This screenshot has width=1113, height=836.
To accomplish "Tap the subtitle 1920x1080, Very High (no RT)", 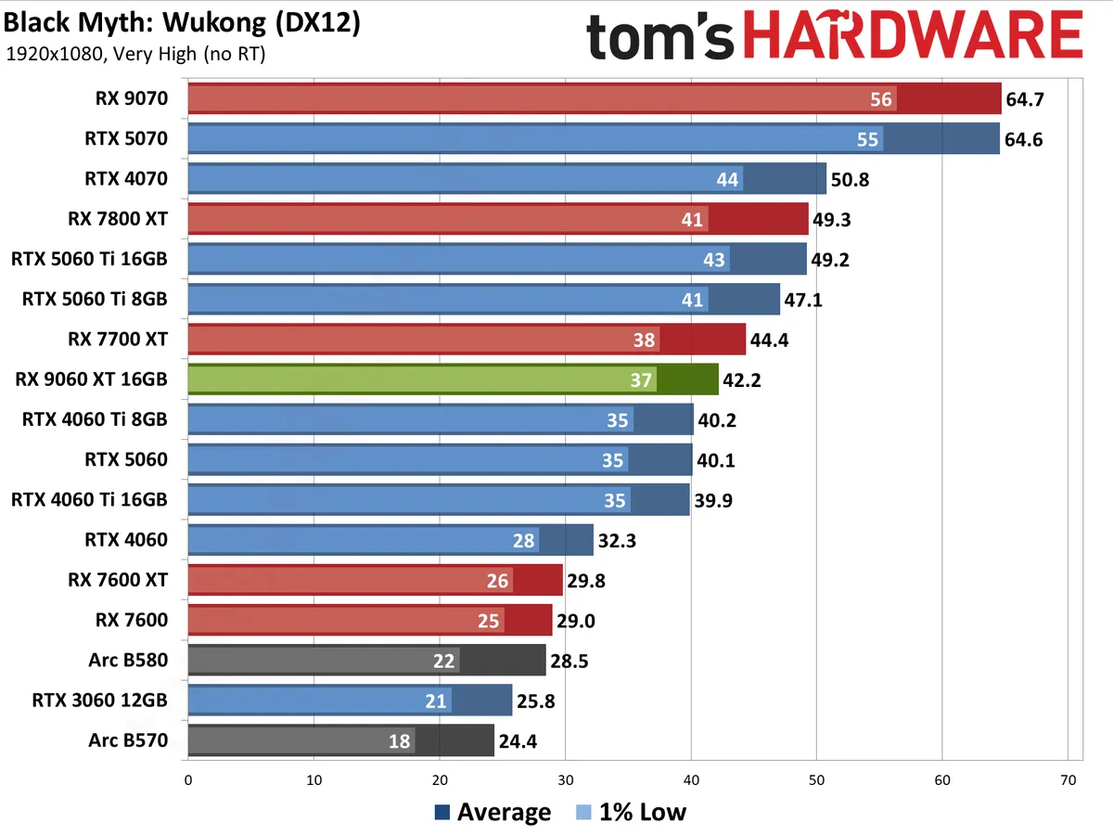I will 135,55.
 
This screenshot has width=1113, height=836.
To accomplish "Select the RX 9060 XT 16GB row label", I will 91,379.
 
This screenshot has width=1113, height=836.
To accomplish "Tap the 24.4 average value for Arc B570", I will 518,741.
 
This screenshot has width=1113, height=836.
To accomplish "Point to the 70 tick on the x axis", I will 1068,780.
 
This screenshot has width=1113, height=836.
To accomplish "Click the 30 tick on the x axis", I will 565,780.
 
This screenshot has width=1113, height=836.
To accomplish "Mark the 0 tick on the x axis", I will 188,780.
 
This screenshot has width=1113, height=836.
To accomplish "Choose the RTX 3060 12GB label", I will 99,701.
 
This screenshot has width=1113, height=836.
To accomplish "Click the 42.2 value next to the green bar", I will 743,379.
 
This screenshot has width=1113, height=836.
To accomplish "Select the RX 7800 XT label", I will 118,219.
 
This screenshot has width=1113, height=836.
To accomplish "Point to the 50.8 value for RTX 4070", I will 851,179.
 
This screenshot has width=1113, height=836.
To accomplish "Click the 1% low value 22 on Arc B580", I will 443,661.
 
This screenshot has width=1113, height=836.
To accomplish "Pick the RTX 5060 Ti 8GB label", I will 95,299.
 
